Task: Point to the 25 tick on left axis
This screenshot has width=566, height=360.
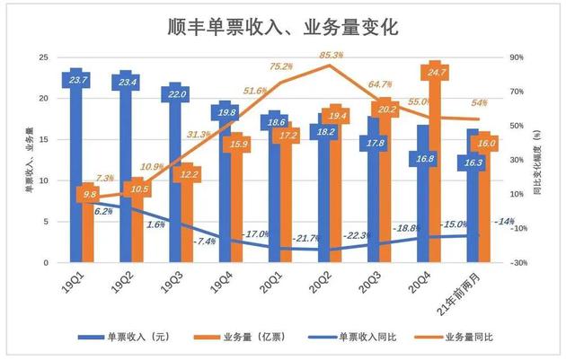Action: [x=41, y=57]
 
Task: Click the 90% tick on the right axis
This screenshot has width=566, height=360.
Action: [x=515, y=57]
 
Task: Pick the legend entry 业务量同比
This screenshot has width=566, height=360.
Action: [x=467, y=338]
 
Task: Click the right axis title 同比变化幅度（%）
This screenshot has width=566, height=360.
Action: [x=536, y=160]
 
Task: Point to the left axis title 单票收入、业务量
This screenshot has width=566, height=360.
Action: [x=28, y=160]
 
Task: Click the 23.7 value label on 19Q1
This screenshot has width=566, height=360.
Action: [x=77, y=81]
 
